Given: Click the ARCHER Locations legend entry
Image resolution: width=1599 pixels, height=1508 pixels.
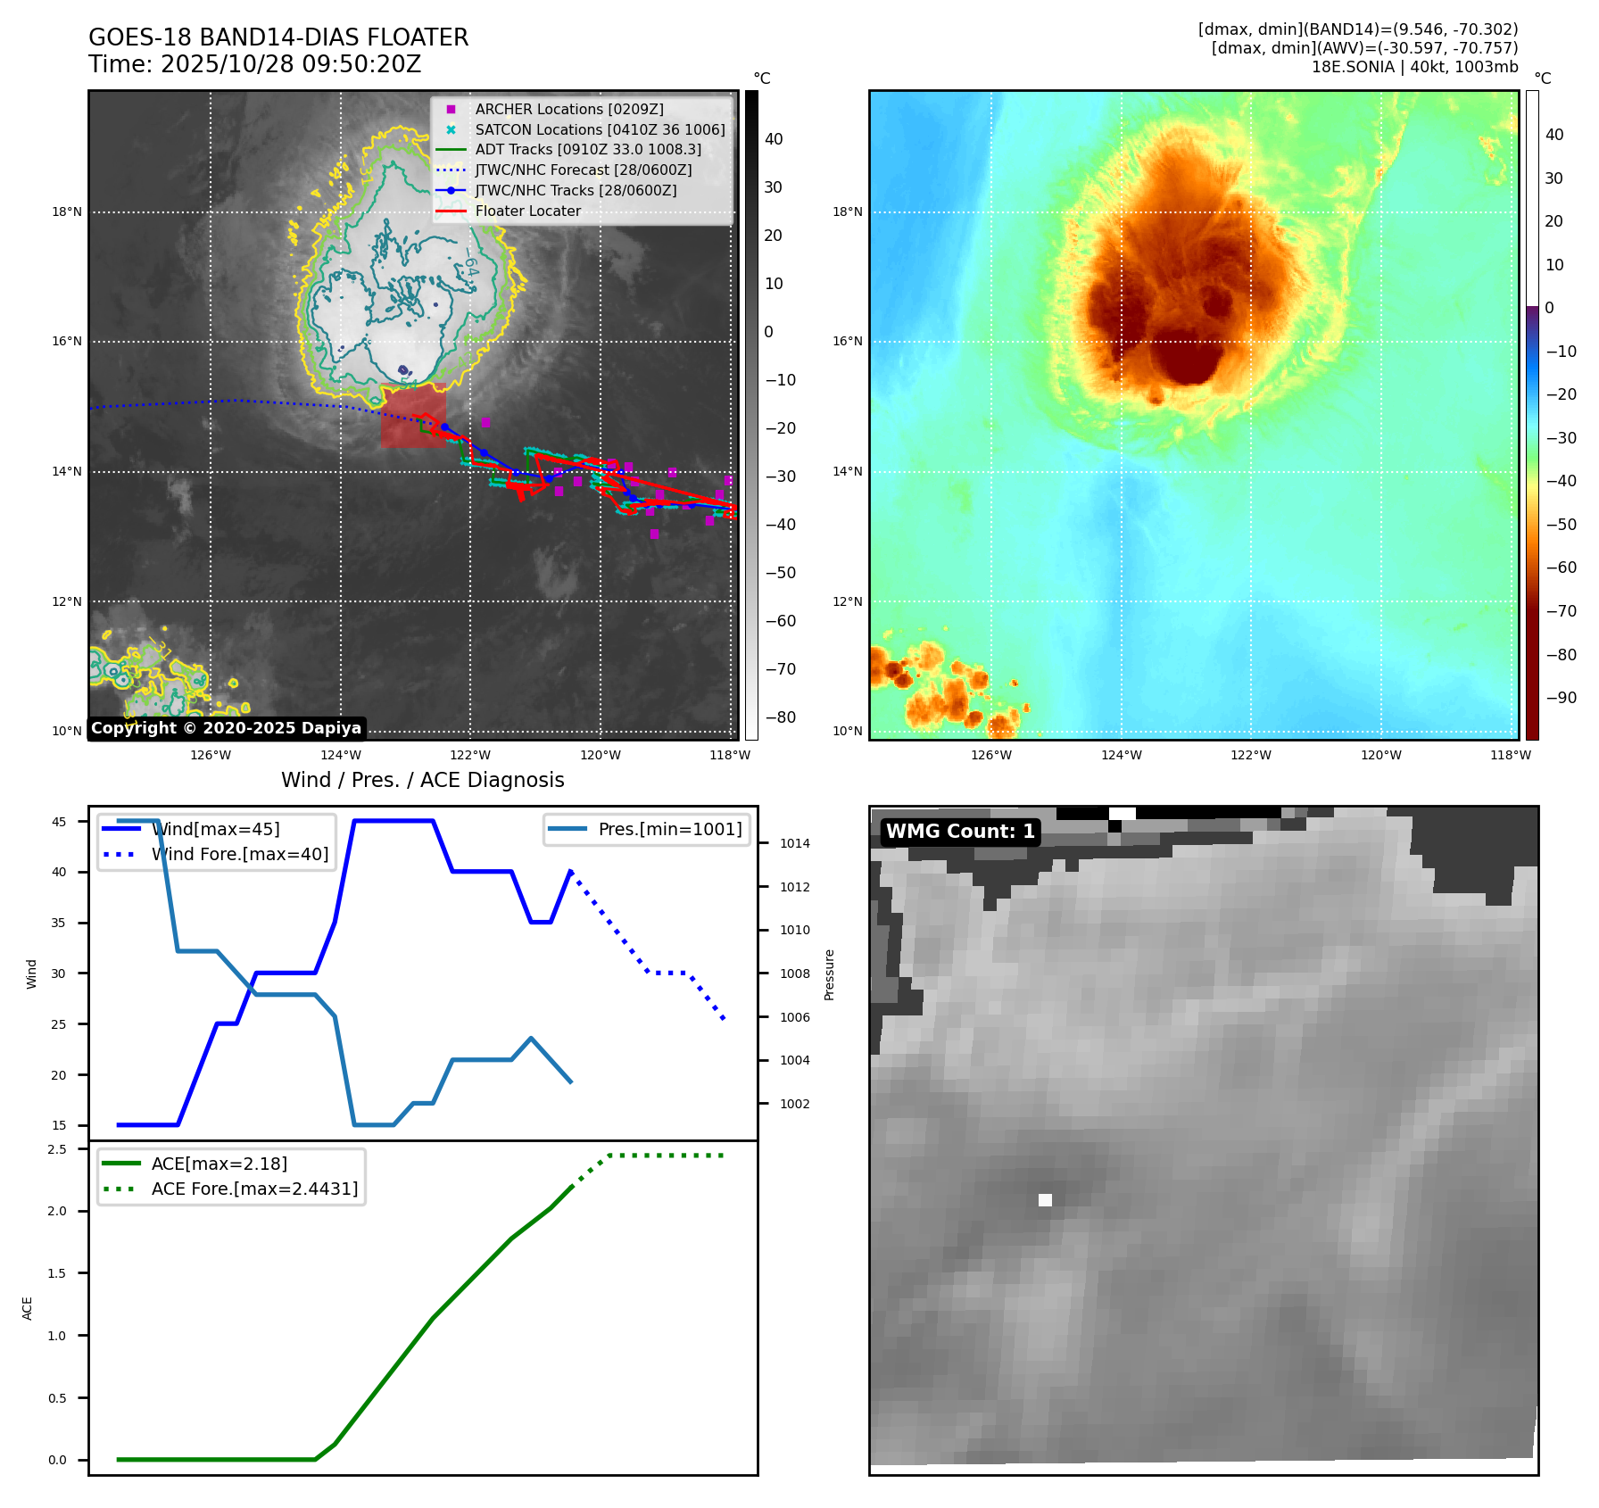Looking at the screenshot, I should click(x=568, y=109).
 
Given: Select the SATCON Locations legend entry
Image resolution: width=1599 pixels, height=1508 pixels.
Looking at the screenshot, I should click(x=600, y=129).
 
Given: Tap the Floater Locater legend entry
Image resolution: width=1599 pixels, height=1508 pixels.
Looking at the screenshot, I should click(x=527, y=211).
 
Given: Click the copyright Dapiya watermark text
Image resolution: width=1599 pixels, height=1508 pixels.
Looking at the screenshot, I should click(x=226, y=728).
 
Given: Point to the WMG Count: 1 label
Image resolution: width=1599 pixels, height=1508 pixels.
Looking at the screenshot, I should click(x=960, y=832).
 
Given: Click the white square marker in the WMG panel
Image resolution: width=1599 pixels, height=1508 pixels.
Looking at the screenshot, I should click(x=1045, y=1200).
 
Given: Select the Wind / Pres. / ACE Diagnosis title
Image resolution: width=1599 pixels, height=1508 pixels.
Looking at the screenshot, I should click(x=422, y=780).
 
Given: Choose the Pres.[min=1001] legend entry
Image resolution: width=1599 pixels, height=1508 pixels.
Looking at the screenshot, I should click(x=669, y=829).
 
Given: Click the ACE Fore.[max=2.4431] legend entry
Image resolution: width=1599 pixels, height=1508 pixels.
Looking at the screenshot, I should click(x=254, y=1189).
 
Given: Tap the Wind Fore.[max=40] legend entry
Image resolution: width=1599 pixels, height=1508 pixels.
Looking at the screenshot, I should click(x=239, y=854).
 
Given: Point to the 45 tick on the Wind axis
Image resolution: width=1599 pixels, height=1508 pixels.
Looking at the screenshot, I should click(x=59, y=822).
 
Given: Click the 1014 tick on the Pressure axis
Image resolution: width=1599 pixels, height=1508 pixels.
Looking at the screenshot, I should click(x=794, y=843).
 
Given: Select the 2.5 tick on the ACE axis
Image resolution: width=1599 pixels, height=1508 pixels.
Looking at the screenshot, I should click(x=57, y=1149).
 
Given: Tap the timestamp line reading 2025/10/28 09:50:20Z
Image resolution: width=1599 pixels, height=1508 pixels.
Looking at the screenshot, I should click(x=254, y=64).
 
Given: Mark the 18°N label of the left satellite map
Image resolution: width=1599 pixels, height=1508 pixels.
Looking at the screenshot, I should click(x=67, y=212).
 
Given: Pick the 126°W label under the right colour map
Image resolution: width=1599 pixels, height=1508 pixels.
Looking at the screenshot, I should click(x=991, y=755).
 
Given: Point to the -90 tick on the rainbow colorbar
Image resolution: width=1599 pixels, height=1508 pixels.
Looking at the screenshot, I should click(x=1561, y=698).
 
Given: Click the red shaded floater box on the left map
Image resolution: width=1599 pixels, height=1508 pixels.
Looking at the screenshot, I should click(x=413, y=415).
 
